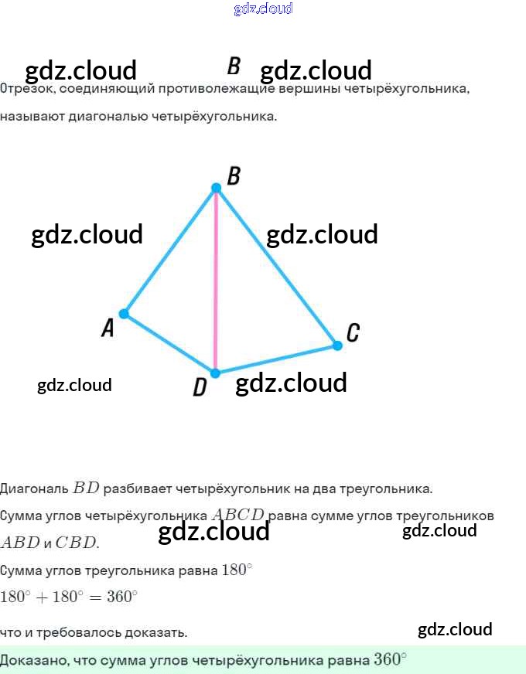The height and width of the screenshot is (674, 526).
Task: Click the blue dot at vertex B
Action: point(217,187)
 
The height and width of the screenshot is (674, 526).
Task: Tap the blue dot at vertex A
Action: point(123,314)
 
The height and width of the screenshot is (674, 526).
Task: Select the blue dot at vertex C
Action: point(337,346)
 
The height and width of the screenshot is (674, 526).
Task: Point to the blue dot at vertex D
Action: point(216,373)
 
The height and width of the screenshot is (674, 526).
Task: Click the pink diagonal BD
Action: point(216,278)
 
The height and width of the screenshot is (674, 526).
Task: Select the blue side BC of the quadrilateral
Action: point(277,266)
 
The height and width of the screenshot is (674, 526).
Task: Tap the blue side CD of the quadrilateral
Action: point(277,359)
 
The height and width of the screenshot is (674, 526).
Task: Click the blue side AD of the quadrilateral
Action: point(169,343)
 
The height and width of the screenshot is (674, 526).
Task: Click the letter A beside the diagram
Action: point(108,328)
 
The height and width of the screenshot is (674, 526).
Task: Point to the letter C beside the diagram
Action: point(353,333)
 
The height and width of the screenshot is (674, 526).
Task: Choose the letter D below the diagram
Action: point(200,387)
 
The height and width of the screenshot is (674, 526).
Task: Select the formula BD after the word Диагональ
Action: point(87,488)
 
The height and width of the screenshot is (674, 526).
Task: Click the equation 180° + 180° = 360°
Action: point(69,597)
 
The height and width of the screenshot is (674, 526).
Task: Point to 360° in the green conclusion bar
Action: point(389,659)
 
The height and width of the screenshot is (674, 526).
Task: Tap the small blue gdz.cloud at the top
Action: point(263,9)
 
